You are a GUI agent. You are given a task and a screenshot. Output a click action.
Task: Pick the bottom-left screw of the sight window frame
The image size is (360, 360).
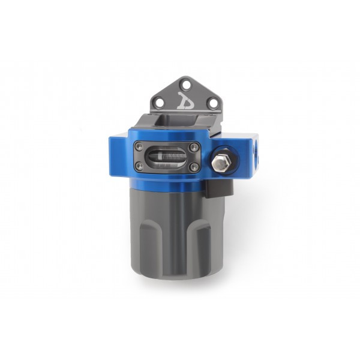(x=139, y=167)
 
